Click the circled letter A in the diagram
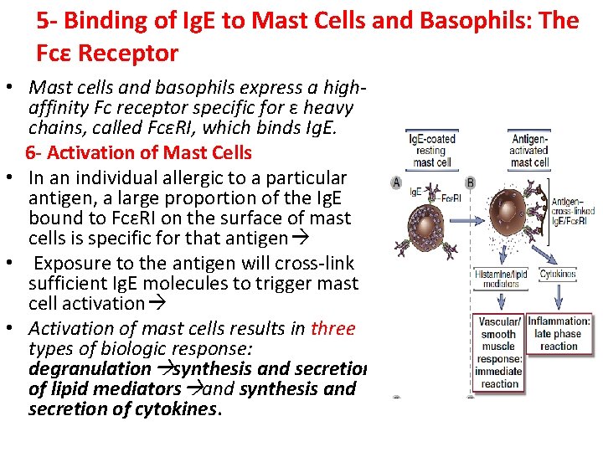(396, 182)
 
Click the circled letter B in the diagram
(469, 182)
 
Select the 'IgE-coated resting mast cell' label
(431, 150)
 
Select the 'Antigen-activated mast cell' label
(529, 150)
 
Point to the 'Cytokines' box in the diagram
(558, 275)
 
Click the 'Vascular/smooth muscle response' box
(500, 352)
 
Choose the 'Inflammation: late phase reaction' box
(559, 333)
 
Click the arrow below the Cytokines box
(558, 297)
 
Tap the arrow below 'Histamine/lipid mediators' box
(499, 302)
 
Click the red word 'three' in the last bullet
(332, 328)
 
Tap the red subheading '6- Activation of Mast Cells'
(138, 152)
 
